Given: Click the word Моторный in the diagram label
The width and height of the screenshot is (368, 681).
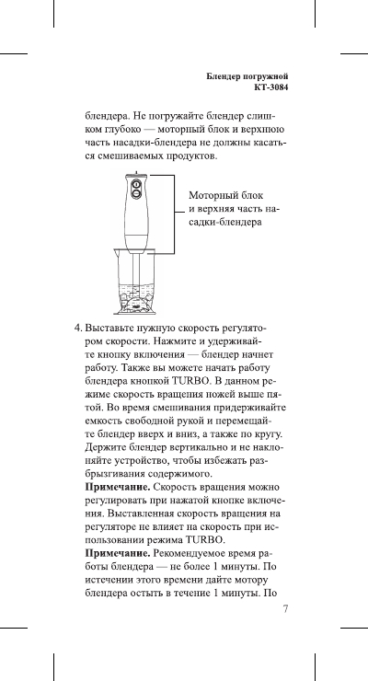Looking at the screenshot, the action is [213, 196].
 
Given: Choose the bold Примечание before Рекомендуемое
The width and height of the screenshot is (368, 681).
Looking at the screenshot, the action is [117, 554].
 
